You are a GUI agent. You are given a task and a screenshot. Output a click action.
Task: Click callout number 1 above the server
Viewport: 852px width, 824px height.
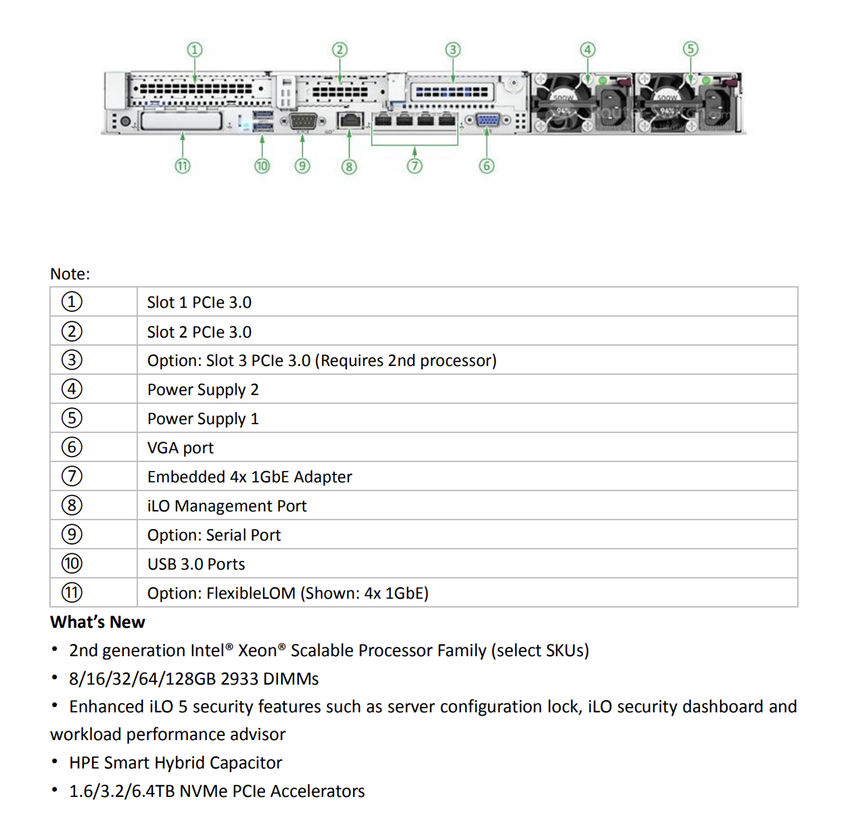[x=195, y=49]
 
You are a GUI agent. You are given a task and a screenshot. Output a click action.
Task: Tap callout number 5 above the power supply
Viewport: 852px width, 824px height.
[x=690, y=49]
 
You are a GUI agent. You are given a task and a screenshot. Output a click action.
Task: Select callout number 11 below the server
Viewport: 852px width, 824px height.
[x=183, y=166]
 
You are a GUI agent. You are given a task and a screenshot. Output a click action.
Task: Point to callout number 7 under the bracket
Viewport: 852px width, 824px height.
[x=415, y=166]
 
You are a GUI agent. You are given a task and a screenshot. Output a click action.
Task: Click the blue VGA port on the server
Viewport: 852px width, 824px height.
[x=488, y=121]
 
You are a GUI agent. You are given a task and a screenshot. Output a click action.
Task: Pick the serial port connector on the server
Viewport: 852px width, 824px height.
[x=303, y=121]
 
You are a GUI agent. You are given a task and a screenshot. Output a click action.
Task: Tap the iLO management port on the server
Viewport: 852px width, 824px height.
[x=350, y=121]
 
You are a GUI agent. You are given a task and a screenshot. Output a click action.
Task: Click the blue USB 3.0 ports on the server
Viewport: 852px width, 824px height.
[x=262, y=121]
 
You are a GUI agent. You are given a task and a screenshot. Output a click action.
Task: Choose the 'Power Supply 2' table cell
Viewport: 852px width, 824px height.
[x=203, y=390]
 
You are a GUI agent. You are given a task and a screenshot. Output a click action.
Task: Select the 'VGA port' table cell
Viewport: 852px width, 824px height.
[x=181, y=448]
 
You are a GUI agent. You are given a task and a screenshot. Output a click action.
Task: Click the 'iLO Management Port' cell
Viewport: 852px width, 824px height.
[x=227, y=506]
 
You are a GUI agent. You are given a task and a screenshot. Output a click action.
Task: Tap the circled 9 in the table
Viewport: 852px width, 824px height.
[x=72, y=534]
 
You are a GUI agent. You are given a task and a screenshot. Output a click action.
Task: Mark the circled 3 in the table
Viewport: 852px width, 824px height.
[x=72, y=360]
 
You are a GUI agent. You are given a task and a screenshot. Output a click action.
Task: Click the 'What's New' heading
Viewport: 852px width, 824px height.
[x=97, y=622]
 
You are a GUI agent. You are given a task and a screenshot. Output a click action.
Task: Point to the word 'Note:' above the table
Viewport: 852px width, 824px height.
[x=70, y=274]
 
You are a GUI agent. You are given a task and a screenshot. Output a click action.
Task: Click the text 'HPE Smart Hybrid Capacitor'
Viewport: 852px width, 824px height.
[x=175, y=762]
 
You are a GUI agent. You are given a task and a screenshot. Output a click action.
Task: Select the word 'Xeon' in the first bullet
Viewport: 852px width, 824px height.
[x=257, y=651]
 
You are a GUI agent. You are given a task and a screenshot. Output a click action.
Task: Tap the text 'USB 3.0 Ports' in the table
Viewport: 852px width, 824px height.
[x=196, y=564]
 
